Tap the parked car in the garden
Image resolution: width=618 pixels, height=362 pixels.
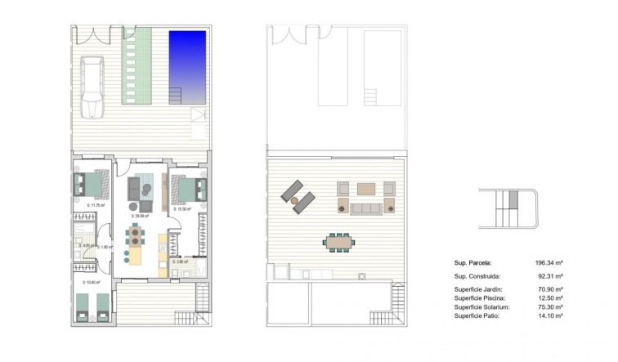coord(93,86)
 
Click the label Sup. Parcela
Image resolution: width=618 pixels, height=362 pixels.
coord(472,263)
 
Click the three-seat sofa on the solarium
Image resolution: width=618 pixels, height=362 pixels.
coord(365,208)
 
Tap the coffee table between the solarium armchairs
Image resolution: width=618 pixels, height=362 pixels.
coord(365,189)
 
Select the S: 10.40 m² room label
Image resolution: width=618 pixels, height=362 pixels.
coord(91,283)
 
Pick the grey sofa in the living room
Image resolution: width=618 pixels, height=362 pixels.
coord(137,190)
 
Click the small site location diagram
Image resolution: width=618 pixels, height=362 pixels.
coord(510,208)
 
